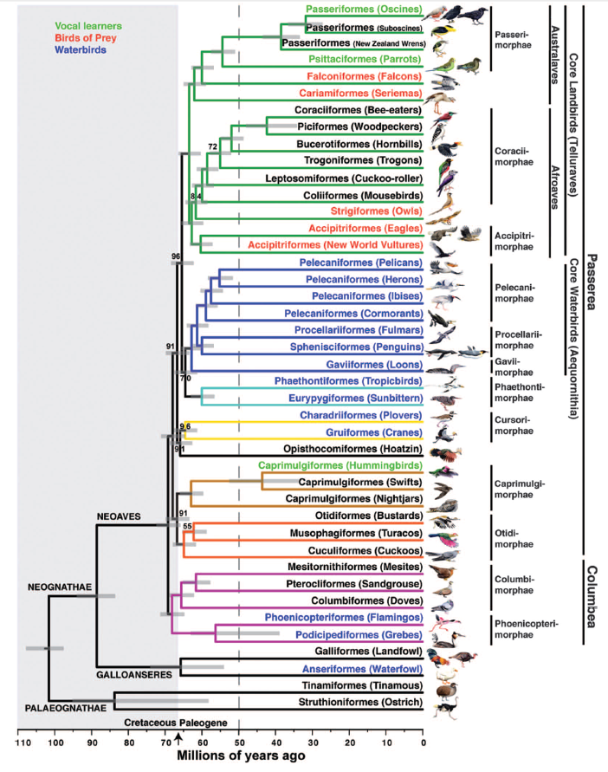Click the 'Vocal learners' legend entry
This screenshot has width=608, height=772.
[x=88, y=26]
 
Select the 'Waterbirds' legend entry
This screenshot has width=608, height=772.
[x=81, y=49]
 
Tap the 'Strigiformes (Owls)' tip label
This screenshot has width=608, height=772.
[x=376, y=211]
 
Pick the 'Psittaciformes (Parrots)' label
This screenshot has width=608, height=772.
[x=365, y=59]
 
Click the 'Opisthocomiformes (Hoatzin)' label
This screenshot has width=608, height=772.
[x=353, y=449]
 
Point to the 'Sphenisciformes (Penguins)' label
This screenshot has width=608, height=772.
[x=357, y=347]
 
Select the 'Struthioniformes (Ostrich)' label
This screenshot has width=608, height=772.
[x=360, y=702]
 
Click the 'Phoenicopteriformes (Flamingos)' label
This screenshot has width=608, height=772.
[x=344, y=618]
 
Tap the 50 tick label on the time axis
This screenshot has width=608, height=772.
[x=239, y=743]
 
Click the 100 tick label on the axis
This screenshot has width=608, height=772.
[x=55, y=743]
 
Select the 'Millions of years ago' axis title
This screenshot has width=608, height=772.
[x=242, y=756]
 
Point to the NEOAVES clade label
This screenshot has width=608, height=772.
[x=119, y=516]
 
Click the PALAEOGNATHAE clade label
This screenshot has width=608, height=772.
[x=66, y=708]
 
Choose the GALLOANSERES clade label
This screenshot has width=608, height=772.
[x=134, y=674]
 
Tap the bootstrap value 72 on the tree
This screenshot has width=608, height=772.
[x=213, y=146]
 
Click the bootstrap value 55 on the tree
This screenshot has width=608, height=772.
[x=188, y=526]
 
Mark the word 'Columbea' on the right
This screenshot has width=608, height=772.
[x=592, y=596]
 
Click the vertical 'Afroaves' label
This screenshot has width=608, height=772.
[x=555, y=187]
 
